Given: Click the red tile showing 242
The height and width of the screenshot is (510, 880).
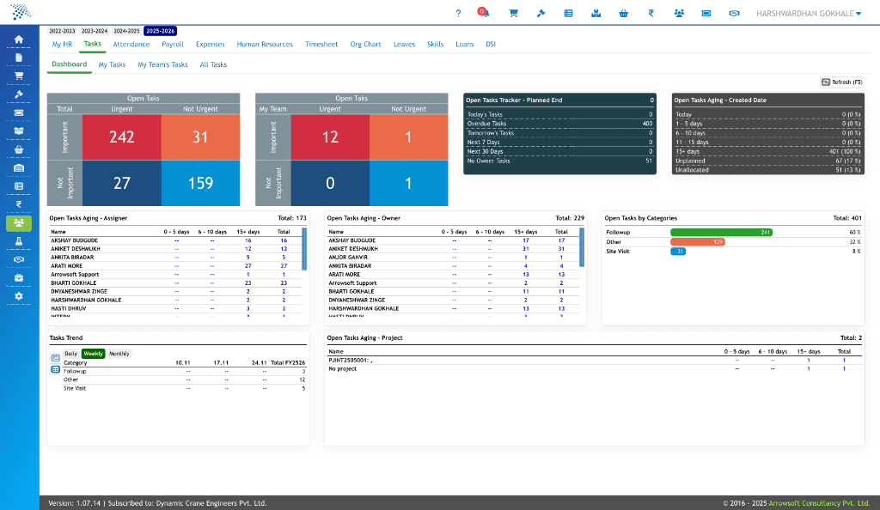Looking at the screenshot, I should click(121, 137).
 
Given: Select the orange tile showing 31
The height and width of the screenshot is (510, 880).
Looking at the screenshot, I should click(200, 137).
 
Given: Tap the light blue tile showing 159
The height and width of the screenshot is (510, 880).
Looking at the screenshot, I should click(200, 183).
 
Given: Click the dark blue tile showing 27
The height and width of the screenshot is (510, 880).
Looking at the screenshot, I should click(121, 183).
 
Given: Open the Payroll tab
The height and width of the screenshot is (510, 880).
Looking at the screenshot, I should click(173, 44).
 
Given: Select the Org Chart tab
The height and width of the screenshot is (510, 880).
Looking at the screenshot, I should click(365, 44).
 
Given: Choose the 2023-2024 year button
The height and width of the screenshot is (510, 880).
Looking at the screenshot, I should click(95, 31).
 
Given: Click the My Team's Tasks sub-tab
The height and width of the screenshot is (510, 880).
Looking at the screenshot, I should click(162, 64).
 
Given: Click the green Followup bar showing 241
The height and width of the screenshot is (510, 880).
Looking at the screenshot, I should click(721, 232).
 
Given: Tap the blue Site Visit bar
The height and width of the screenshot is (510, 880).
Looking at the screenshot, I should click(677, 252).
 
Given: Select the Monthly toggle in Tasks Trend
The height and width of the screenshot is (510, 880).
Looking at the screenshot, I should click(119, 354).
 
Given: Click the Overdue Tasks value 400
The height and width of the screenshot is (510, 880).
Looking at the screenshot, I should click(646, 124).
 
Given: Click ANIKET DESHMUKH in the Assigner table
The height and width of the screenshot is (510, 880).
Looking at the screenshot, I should click(75, 248).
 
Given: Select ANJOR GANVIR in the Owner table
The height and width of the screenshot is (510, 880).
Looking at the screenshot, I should click(349, 257).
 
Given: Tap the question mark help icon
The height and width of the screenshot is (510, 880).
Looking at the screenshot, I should click(458, 13).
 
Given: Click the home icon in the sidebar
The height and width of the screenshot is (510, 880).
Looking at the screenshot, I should click(19, 39).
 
